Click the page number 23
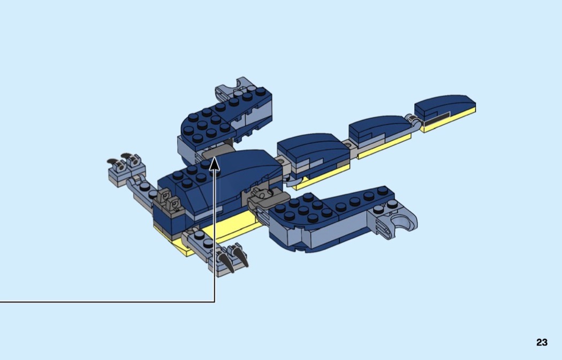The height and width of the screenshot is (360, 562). pyautogui.click(x=542, y=342)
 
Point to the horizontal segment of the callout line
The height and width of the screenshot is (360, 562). pyautogui.click(x=108, y=302)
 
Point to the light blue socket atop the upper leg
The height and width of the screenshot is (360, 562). pyautogui.click(x=231, y=87)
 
